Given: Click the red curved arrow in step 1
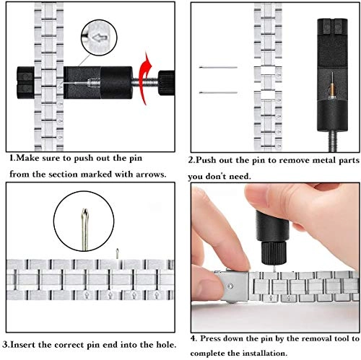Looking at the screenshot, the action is point(142,79).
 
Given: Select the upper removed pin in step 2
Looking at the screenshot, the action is point(218,67).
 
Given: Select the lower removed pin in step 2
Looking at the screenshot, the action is point(218,92).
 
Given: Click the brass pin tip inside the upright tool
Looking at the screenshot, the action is point(332,92).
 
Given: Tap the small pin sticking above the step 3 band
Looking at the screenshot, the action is point(117,253).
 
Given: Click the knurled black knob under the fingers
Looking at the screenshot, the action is point(274,253).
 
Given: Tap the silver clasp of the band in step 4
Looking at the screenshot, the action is point(233,286).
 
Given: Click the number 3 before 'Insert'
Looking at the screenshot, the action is point(5,345).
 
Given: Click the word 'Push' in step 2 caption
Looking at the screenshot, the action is point(206,160).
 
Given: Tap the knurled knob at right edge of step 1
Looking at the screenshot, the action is point(166,83).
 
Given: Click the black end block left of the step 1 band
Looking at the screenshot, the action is point(25,83).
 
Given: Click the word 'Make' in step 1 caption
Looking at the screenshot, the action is point(29,158).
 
